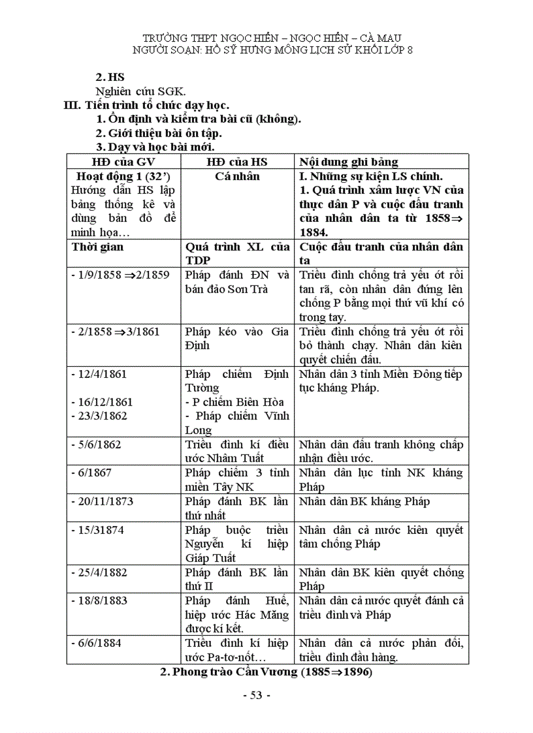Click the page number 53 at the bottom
[x=255, y=695]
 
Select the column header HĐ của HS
[x=237, y=162]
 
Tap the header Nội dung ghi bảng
[x=349, y=162]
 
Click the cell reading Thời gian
[x=97, y=247]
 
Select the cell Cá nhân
[x=237, y=176]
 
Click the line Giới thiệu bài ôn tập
[x=159, y=133]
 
